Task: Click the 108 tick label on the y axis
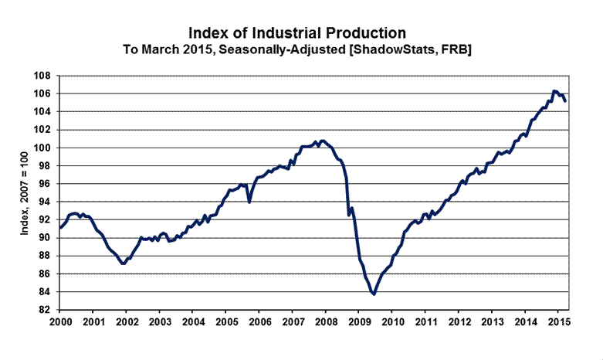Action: coord(42,76)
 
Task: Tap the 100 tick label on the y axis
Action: coord(42,148)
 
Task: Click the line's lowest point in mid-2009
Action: coord(374,294)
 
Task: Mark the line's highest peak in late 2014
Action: coord(554,91)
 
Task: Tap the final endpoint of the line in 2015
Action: coord(565,101)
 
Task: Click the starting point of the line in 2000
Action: coord(60,228)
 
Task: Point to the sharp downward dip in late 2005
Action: coord(249,202)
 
